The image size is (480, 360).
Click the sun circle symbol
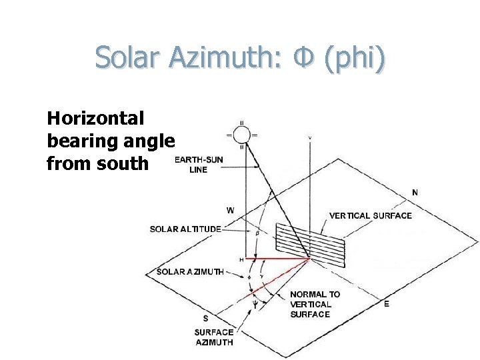point(241,135)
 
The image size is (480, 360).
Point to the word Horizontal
point(95,119)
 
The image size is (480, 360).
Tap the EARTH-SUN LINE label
point(199,165)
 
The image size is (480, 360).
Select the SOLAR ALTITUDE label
point(185,229)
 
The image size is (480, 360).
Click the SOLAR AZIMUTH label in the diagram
point(190,272)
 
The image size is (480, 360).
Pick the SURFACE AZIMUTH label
point(213,337)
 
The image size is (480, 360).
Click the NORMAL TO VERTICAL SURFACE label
point(315,304)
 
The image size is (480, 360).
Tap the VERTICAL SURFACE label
point(371,216)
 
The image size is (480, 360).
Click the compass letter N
point(415,193)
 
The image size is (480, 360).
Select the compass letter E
point(387,304)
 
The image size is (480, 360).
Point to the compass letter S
point(205,319)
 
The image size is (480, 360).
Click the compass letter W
point(230,210)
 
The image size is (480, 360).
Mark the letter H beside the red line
point(241,259)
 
